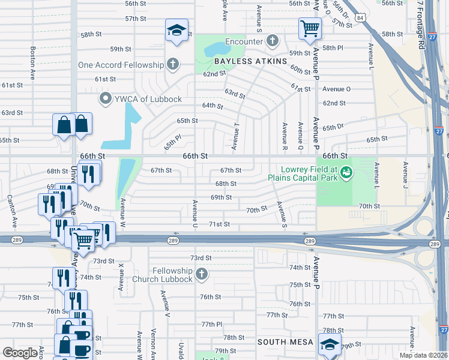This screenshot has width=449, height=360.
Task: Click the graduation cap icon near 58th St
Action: [177, 29]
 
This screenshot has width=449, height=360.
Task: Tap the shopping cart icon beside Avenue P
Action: [310, 28]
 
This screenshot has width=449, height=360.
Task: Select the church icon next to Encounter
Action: [273, 41]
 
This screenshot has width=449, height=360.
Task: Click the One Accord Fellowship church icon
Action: [173, 64]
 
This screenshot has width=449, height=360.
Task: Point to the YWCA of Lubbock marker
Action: [106, 98]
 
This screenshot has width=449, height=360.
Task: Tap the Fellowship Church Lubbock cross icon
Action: [201, 274]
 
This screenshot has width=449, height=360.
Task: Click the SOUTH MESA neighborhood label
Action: [286, 341]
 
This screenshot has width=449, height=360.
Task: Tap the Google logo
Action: [20, 352]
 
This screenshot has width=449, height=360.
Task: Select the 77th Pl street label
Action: [212, 324]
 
